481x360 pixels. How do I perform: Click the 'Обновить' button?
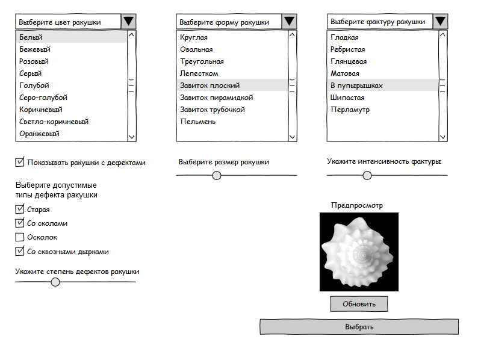(359, 304)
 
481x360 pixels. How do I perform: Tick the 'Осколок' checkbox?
(20, 237)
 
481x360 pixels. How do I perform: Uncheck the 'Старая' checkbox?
(20, 209)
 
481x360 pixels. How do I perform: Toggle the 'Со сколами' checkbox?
(20, 223)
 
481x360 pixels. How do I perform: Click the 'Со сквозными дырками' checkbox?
(20, 252)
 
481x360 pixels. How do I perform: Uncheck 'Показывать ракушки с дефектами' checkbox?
(20, 162)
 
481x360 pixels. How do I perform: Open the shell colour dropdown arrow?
(129, 22)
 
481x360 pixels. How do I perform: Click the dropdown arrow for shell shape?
(290, 22)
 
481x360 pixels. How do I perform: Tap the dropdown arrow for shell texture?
(440, 22)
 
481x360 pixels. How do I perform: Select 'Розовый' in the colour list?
(34, 61)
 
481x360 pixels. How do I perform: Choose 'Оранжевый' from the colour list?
(39, 134)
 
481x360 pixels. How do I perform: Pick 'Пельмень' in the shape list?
(198, 122)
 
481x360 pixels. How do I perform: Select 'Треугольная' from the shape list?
(202, 61)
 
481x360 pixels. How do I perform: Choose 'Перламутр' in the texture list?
(350, 110)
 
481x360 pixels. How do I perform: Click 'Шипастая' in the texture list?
(348, 98)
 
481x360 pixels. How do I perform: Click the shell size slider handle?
(217, 175)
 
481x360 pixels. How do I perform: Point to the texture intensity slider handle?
(367, 175)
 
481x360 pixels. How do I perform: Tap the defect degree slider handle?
(55, 282)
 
